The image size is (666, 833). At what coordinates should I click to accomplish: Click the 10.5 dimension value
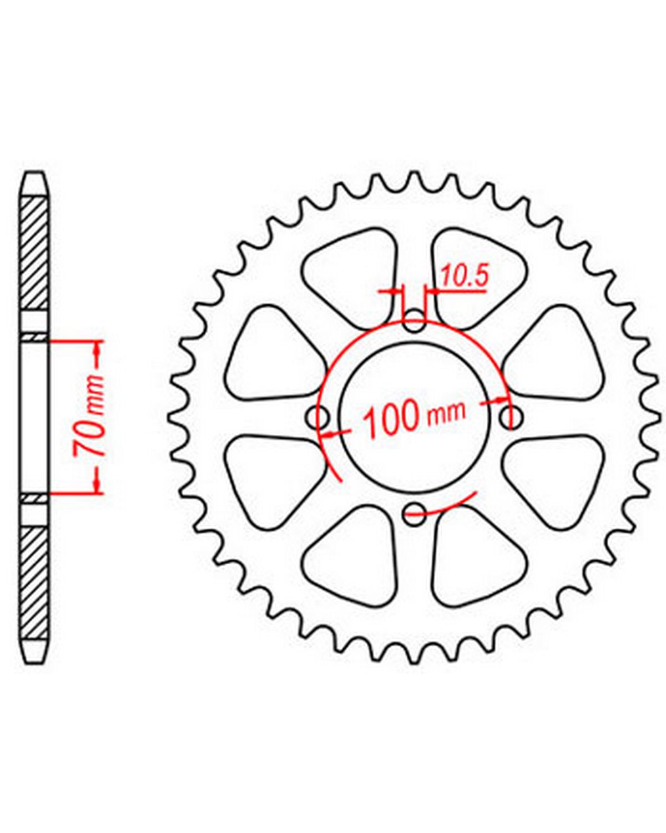coord(463,276)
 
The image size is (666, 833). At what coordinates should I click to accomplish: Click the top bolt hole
coord(413,321)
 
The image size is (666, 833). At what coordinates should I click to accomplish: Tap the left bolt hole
coord(317,417)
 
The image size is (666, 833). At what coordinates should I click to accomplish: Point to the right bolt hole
coord(511,417)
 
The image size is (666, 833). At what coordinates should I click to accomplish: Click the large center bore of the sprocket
coord(414,417)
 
